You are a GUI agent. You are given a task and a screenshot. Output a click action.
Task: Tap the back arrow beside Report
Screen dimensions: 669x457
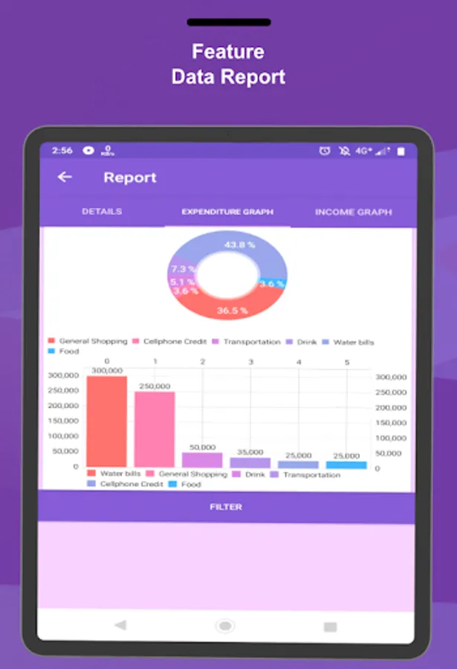pyautogui.click(x=65, y=177)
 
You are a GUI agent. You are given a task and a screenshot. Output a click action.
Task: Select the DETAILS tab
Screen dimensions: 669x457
pyautogui.click(x=102, y=212)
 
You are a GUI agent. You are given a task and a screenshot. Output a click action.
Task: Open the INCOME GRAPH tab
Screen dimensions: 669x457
pyautogui.click(x=353, y=212)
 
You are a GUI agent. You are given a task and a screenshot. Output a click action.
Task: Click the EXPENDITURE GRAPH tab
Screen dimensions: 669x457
pyautogui.click(x=227, y=212)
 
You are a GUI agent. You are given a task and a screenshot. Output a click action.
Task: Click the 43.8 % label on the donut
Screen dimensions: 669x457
pyautogui.click(x=239, y=245)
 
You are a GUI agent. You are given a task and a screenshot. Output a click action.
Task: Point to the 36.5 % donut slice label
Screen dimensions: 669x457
pyautogui.click(x=232, y=311)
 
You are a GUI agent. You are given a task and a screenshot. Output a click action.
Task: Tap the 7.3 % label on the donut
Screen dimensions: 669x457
pyautogui.click(x=183, y=269)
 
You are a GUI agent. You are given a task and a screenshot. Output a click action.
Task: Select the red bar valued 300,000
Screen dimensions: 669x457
pyautogui.click(x=106, y=421)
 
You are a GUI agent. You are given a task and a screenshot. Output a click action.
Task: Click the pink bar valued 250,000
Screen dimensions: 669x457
pyautogui.click(x=155, y=429)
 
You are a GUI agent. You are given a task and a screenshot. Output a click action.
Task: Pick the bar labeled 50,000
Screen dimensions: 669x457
pyautogui.click(x=202, y=460)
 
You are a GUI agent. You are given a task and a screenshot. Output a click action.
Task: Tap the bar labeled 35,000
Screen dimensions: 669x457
pyautogui.click(x=250, y=462)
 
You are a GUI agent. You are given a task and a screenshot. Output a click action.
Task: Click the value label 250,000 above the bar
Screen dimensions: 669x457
pyautogui.click(x=155, y=387)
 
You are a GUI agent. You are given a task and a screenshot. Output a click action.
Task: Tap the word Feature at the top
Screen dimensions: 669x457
pyautogui.click(x=228, y=51)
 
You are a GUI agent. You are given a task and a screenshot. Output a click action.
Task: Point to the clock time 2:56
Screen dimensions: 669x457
pyautogui.click(x=62, y=150)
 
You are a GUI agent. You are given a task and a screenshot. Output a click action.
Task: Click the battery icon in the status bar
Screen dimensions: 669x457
pyautogui.click(x=401, y=151)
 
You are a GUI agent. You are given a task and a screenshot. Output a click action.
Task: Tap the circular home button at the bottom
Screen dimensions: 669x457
pyautogui.click(x=225, y=626)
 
